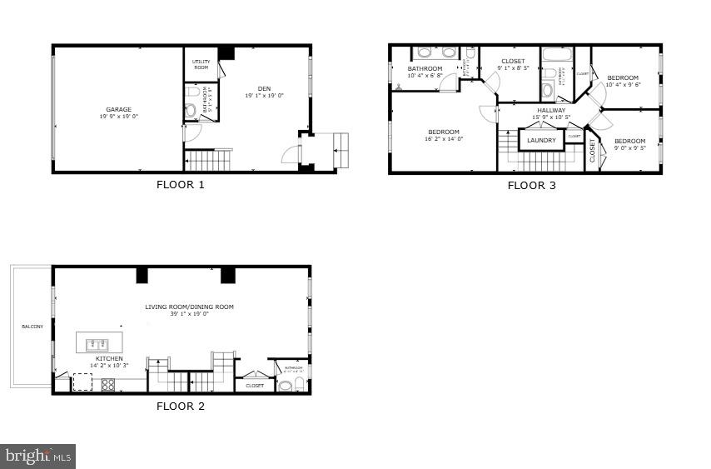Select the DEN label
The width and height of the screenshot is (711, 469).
tap(264, 89)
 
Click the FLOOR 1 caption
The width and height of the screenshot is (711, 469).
tap(180, 185)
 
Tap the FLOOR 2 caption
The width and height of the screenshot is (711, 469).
tap(180, 407)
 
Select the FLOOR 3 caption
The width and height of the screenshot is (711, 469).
tap(531, 185)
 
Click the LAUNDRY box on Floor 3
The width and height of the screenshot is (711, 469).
tap(541, 140)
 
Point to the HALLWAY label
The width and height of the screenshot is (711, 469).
tap(550, 110)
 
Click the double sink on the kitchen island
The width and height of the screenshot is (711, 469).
tap(99, 342)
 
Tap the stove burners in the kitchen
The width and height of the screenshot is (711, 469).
tap(107, 385)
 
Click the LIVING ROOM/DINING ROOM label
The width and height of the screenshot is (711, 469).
tap(189, 307)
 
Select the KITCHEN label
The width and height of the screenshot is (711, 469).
tap(109, 359)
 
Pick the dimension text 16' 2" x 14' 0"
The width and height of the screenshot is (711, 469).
tap(444, 139)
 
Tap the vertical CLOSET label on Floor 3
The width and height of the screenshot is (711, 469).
tap(593, 151)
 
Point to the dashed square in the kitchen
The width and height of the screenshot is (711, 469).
tap(82, 382)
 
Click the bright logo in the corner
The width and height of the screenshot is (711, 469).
tap(38, 456)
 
